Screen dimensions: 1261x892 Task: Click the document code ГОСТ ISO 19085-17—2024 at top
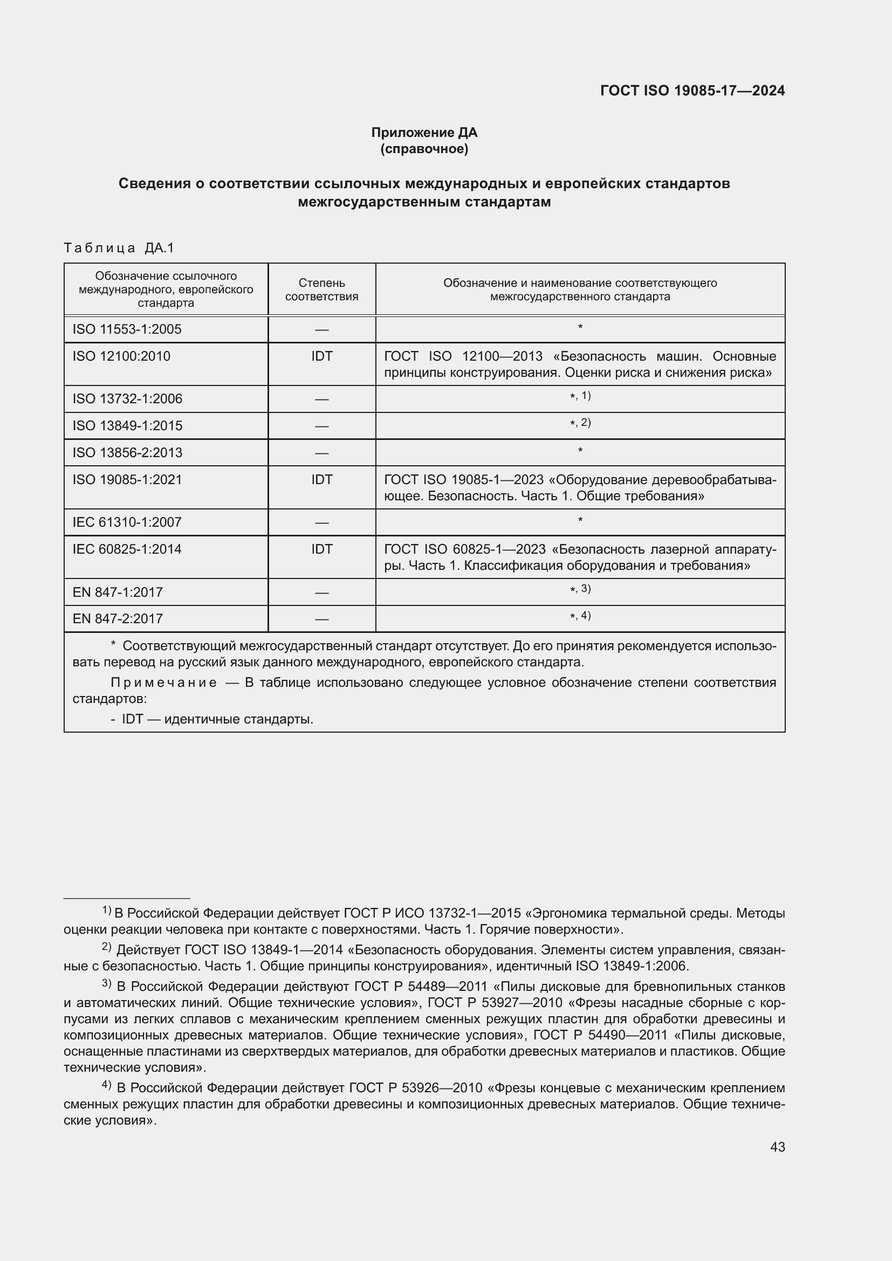click(x=692, y=91)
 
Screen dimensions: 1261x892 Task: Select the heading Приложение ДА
click(x=424, y=133)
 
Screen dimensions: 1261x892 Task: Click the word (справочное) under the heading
click(x=424, y=149)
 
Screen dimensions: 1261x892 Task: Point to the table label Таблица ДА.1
click(x=119, y=247)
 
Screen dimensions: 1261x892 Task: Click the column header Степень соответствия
click(x=321, y=290)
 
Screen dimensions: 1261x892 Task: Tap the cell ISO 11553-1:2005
click(x=127, y=329)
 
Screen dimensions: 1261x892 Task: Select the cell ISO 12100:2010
click(x=121, y=356)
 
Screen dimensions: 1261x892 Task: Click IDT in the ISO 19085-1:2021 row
click(x=321, y=479)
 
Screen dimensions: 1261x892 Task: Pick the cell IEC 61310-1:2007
click(x=127, y=522)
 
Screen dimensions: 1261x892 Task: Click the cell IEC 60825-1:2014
click(x=127, y=549)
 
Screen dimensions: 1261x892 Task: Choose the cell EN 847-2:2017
click(x=118, y=618)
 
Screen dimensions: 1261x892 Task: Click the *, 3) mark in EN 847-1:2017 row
click(x=580, y=589)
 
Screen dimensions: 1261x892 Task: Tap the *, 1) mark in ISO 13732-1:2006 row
click(x=580, y=396)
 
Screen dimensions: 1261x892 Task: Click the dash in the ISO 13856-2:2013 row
click(x=321, y=453)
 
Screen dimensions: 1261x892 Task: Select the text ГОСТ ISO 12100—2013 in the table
click(x=463, y=356)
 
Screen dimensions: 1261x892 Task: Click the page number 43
click(x=777, y=1147)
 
